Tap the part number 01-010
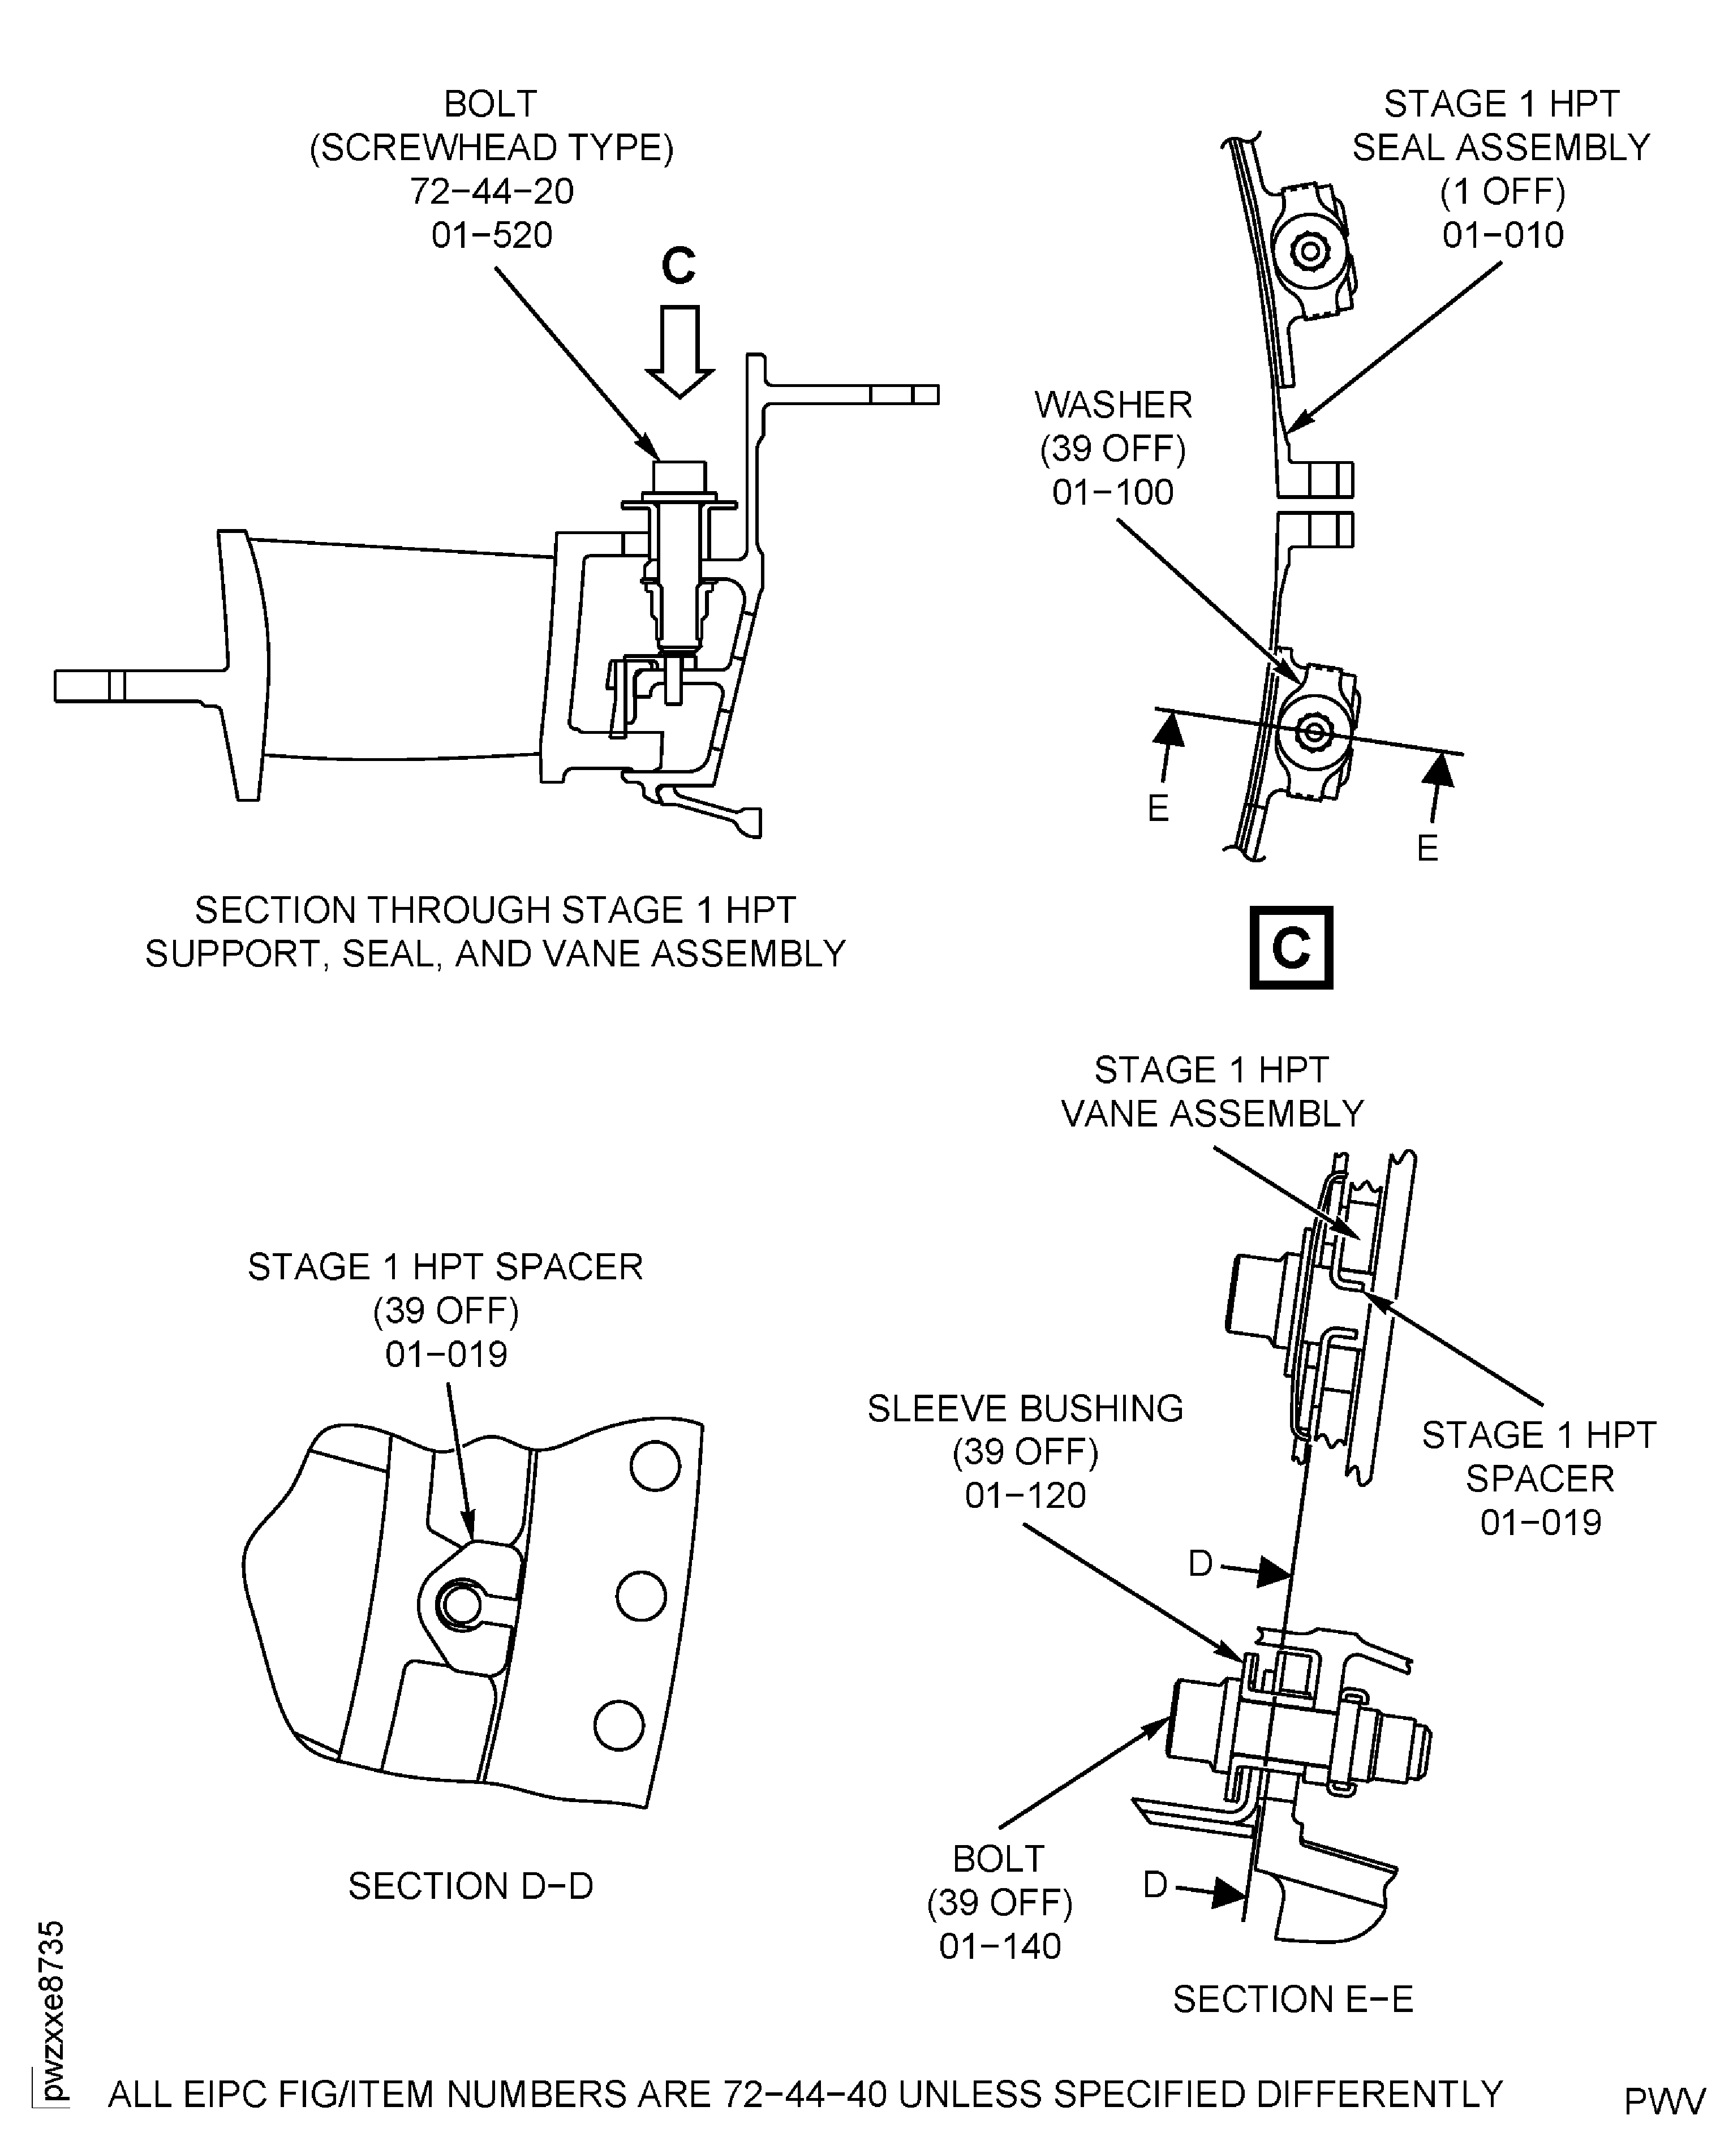[x=1502, y=235]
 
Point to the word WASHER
[x=1113, y=405]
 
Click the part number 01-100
[x=1112, y=492]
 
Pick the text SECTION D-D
[x=470, y=1886]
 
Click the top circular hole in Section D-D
[x=655, y=1466]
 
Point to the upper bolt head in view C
[x=1311, y=252]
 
